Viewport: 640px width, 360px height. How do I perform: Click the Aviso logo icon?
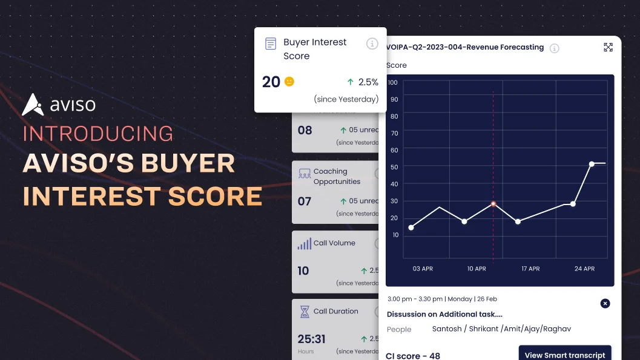(33, 105)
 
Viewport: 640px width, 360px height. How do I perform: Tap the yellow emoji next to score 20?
(289, 82)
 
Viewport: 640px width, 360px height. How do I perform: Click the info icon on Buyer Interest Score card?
(372, 44)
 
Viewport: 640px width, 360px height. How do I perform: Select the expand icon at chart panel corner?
(609, 47)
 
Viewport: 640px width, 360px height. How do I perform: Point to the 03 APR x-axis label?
(423, 269)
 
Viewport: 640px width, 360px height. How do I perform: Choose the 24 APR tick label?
(584, 269)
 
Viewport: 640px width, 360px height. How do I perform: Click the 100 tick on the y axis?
(392, 82)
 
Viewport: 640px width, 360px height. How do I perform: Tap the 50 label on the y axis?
(394, 167)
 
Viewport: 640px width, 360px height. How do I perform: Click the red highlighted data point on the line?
(493, 204)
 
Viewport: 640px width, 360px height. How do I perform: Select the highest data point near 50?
(592, 163)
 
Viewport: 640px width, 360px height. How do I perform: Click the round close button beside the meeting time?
(605, 303)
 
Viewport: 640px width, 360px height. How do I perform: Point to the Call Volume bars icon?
(304, 244)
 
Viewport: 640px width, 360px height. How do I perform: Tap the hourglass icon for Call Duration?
(305, 312)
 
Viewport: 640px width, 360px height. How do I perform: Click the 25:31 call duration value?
(312, 339)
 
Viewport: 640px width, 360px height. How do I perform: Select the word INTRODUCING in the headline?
(98, 134)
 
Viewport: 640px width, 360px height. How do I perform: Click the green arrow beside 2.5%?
(351, 82)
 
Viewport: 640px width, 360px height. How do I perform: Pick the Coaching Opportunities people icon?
(305, 174)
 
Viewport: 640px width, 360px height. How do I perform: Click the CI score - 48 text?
(413, 356)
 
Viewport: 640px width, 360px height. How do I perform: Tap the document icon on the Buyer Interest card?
(271, 44)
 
